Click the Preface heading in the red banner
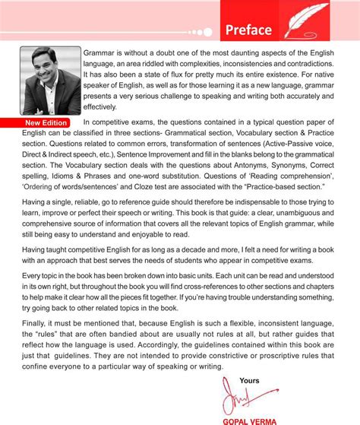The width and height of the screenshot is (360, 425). [248, 30]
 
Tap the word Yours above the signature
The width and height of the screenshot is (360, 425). [248, 380]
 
